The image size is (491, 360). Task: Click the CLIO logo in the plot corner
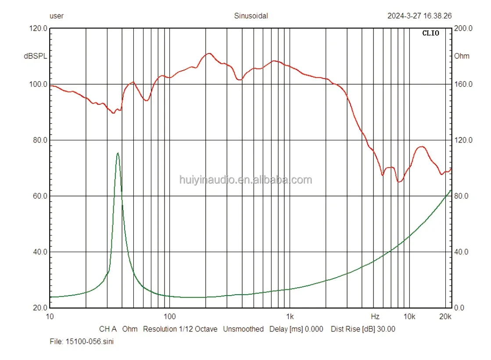point(430,33)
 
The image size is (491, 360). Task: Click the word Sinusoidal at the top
point(251,16)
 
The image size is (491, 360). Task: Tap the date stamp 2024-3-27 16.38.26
point(419,16)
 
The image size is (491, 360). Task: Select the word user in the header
point(57,16)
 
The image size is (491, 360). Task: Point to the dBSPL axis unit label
point(36,56)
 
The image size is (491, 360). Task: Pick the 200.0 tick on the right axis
point(463,29)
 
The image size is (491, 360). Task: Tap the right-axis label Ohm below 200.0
point(462,56)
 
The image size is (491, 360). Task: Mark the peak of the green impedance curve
point(118,153)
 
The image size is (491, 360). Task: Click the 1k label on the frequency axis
point(289,316)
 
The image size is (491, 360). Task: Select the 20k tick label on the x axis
point(445,316)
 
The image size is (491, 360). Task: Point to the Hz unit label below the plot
point(375,316)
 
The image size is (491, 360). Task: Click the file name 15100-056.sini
point(90,342)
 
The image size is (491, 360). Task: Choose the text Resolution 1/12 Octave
point(180,329)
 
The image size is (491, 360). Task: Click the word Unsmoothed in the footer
point(244,329)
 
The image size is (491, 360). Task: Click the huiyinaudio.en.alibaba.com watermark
point(246,180)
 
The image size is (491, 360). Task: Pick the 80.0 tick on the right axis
point(463,196)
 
